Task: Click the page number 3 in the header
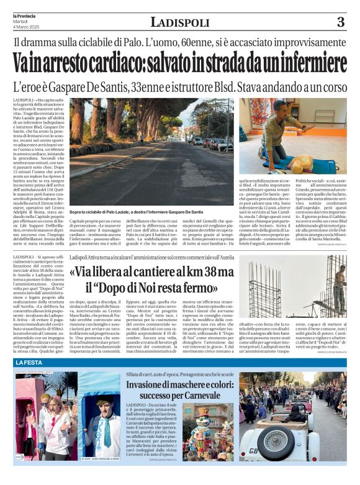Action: [340, 23]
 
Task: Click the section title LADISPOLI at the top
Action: [181, 23]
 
